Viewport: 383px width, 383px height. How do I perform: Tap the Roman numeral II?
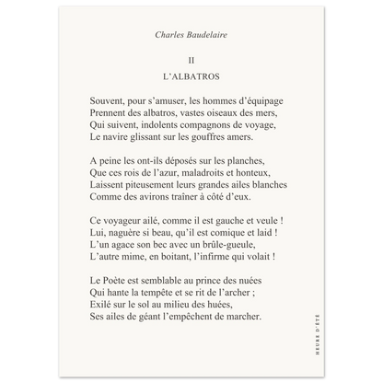191,59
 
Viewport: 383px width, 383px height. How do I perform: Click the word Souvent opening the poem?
110,98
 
